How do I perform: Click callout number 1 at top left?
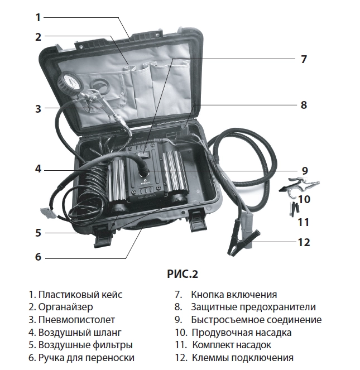coord(38,17)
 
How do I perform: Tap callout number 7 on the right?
coord(304,59)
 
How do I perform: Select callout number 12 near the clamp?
coord(304,242)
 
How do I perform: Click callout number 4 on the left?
coord(38,169)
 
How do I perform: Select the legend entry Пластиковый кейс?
coord(75,295)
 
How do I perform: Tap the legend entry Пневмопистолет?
coord(72,320)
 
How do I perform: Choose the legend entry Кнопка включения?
coord(225,295)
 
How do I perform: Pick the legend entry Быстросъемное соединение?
coord(248,320)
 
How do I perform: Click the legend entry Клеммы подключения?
coord(234,358)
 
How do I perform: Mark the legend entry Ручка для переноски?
coord(81,358)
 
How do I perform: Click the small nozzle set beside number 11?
coord(292,210)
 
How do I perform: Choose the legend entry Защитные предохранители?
coord(245,307)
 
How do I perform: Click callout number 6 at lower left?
coord(38,257)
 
